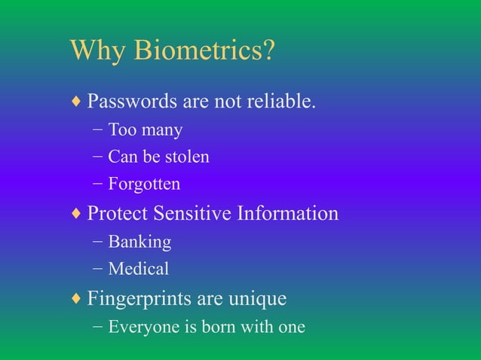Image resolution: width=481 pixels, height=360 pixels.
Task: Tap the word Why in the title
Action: pyautogui.click(x=99, y=52)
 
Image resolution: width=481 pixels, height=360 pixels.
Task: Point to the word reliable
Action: pyautogui.click(x=282, y=102)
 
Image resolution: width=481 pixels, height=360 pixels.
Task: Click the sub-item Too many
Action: pyautogui.click(x=146, y=130)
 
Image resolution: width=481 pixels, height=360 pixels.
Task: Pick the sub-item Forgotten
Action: pyautogui.click(x=144, y=184)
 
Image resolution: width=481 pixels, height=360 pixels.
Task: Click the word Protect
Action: pyautogui.click(x=117, y=214)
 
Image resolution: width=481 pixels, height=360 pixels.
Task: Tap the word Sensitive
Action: pyautogui.click(x=191, y=214)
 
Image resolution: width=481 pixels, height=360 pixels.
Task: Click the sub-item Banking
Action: pyautogui.click(x=139, y=243)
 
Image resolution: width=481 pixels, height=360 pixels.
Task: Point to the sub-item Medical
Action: pyautogui.click(x=139, y=269)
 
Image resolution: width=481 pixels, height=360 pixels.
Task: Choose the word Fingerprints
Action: pyautogui.click(x=139, y=299)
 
